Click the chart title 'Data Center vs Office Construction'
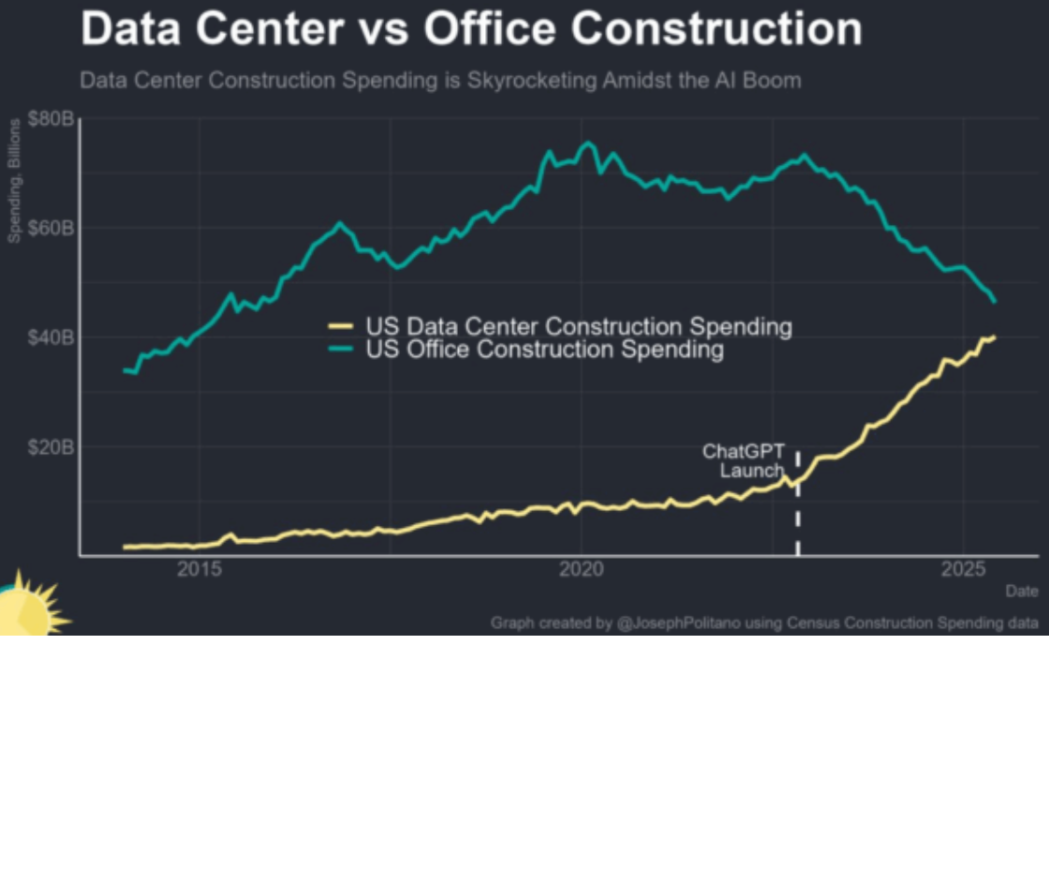tap(471, 29)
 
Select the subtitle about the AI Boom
tap(440, 81)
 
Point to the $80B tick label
tap(52, 119)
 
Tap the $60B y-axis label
tap(52, 228)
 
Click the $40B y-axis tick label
tap(52, 337)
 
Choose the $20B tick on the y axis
tap(52, 447)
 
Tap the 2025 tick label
tap(964, 569)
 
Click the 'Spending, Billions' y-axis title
tap(15, 183)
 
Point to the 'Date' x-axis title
tap(1021, 592)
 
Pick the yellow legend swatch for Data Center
tap(340, 327)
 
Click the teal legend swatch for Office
tap(340, 350)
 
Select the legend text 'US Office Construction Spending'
tap(544, 350)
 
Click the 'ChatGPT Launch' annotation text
tap(746, 461)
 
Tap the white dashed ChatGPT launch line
tap(798, 516)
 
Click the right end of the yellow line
tap(994, 337)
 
